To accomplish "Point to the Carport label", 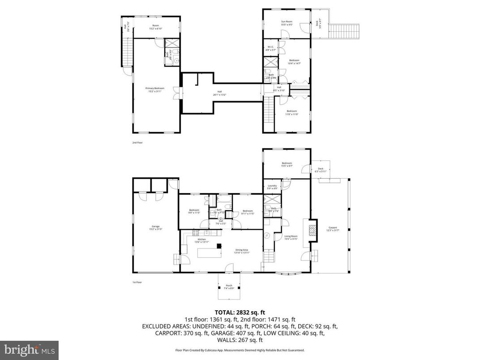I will [332, 229].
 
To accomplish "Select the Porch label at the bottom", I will [229, 287].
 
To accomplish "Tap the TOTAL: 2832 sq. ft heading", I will [240, 312].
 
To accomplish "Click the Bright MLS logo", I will [29, 348].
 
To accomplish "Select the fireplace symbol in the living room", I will [313, 231].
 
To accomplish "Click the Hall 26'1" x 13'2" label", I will [219, 93].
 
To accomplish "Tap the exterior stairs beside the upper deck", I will [345, 31].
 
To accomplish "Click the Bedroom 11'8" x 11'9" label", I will [292, 112].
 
